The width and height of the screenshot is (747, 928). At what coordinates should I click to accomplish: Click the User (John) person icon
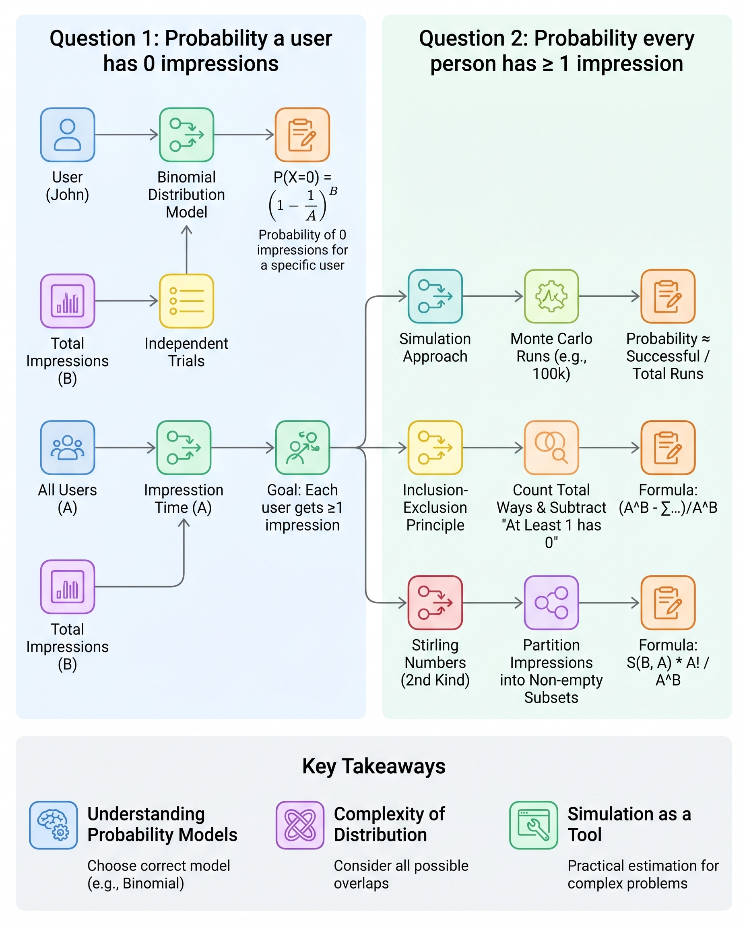coord(68,135)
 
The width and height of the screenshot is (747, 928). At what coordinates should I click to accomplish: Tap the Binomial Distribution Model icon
coord(186,135)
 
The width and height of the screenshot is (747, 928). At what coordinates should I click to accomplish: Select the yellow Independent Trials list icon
coord(186,301)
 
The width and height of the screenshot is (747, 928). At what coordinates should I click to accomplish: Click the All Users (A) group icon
coord(68,447)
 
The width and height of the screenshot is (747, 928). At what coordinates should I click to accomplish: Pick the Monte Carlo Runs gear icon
coord(551,296)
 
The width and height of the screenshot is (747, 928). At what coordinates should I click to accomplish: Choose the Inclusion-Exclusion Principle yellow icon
coord(435,447)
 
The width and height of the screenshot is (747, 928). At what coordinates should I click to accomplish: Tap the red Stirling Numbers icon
coord(435,603)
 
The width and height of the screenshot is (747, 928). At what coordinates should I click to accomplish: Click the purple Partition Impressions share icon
coord(551,603)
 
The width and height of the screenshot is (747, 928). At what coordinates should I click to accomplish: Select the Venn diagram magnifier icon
coord(551,447)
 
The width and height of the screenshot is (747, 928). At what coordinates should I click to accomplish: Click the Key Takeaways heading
coord(373,766)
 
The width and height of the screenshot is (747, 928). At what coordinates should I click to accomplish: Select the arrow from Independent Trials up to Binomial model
coord(186,250)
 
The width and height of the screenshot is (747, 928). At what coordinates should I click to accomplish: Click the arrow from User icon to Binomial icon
coord(126,135)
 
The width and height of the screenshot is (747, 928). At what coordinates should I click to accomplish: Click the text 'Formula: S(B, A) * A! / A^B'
coord(667,662)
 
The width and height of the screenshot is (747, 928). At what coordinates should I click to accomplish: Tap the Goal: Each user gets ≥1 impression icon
coord(303,447)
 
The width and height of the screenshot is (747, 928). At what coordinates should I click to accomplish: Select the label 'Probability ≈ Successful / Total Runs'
coord(667,356)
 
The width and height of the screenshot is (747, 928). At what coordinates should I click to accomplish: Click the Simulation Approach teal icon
coord(435,296)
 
